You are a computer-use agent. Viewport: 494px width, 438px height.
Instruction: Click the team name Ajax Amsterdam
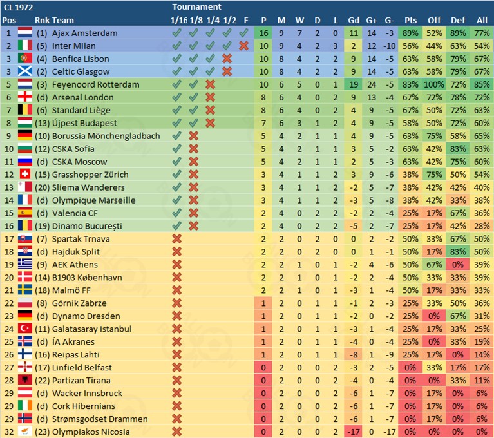coord(84,33)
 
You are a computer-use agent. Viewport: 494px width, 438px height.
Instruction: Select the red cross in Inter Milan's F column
coord(243,46)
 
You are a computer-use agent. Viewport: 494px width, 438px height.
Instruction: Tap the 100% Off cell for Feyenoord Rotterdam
coord(433,84)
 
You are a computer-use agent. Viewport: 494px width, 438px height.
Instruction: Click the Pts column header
coord(410,20)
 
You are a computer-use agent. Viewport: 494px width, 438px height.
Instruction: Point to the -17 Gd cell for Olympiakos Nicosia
coord(354,432)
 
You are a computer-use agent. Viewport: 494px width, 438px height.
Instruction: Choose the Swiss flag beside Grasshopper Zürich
coord(25,174)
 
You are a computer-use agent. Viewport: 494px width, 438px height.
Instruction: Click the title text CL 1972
coord(18,7)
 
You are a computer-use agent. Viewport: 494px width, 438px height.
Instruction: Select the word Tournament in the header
coord(196,6)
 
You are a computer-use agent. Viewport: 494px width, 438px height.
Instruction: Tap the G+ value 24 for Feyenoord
coord(372,84)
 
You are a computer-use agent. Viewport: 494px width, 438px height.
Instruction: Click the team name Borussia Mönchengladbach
coord(106,136)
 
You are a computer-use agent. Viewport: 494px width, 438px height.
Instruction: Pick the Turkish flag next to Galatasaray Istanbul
coord(25,328)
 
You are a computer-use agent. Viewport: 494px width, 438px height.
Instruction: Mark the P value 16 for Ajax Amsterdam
coord(263,33)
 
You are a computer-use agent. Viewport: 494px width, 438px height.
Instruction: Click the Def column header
coord(457,20)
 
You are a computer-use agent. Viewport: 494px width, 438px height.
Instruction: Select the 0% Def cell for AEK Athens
coord(457,264)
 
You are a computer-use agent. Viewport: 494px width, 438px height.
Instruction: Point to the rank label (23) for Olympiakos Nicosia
coord(43,432)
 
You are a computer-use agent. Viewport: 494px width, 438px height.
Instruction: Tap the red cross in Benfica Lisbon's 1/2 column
coord(227,59)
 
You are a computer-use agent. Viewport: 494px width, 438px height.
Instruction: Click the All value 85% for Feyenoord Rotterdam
coord(481,84)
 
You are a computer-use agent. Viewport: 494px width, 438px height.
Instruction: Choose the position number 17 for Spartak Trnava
coord(9,239)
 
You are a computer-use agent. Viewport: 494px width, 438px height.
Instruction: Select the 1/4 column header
coord(213,20)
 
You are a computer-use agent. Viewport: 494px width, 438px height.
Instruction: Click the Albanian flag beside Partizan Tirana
coord(25,380)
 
